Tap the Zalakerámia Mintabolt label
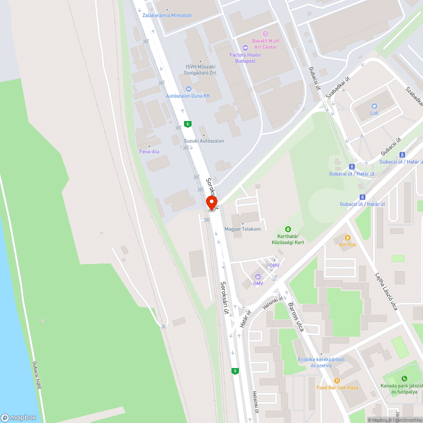167,15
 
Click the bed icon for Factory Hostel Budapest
245,47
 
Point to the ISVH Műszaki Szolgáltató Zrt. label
201,69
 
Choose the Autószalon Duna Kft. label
188,96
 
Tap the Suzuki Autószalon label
204,141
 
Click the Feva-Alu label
149,151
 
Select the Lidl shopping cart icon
374,106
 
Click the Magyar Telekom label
242,229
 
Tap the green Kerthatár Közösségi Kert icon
288,229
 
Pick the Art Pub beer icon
348,238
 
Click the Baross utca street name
296,316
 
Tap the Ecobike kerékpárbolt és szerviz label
321,362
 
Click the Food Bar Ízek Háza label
337,387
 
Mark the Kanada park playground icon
404,378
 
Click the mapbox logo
18,418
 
